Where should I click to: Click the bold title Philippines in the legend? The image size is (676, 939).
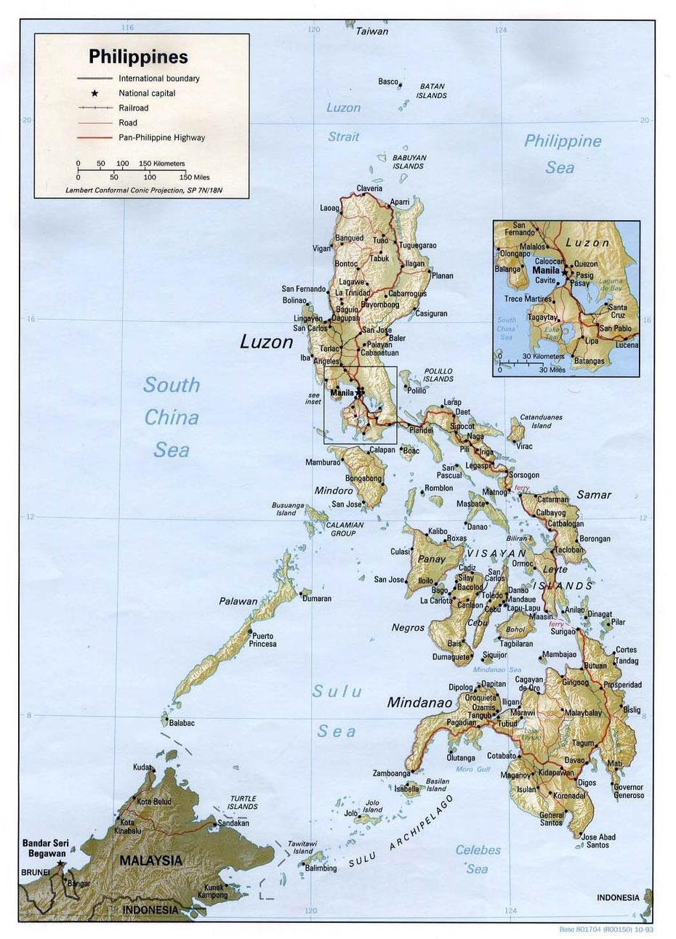(138, 57)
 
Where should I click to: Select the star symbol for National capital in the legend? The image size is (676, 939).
(94, 93)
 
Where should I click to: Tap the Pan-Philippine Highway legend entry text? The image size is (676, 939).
(161, 137)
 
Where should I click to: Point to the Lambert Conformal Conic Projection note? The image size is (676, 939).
(143, 190)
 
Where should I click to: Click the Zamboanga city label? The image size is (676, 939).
(391, 773)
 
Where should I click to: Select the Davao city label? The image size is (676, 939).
(574, 760)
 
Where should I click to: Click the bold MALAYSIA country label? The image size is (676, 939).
(150, 861)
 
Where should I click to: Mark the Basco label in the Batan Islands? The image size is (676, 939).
(387, 81)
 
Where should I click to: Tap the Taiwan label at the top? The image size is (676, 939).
(371, 31)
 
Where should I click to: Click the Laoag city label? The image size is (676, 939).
(329, 208)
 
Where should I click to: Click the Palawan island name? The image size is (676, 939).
(238, 601)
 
